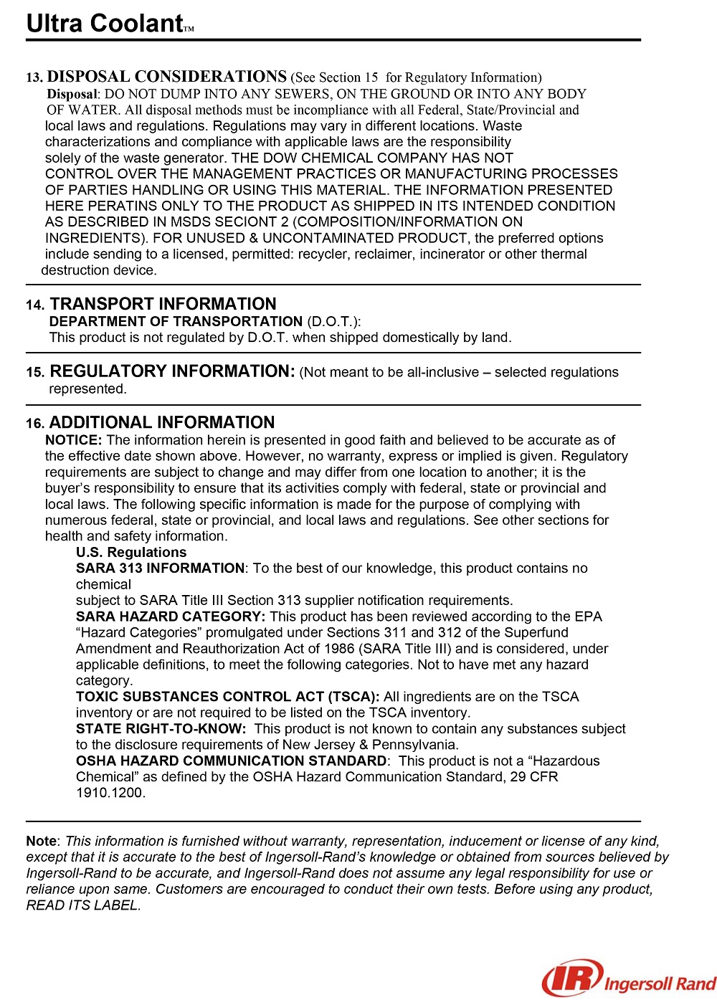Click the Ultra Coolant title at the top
105,24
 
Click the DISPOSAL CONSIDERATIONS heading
166,77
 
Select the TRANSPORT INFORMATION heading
163,304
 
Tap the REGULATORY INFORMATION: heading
172,371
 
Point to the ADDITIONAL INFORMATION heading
162,423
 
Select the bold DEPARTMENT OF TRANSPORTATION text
176,322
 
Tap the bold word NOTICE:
73,440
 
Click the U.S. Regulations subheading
131,553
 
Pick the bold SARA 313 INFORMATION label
160,568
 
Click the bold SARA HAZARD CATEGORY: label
171,616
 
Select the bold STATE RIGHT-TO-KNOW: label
161,729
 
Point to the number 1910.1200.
110,793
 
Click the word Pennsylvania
415,745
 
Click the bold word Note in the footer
41,842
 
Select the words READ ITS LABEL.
83,905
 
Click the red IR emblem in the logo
570,978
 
